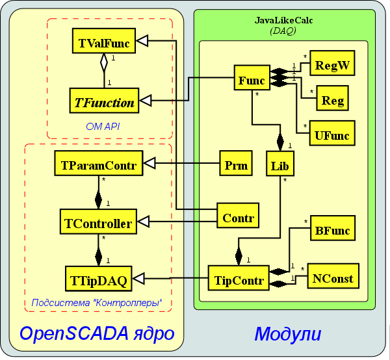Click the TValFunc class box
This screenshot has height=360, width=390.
104,44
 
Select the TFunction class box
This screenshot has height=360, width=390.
104,101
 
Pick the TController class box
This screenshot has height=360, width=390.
98,224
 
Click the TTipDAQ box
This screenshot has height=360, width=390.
98,280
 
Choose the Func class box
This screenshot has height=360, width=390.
252,81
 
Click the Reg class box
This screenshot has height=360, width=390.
333,101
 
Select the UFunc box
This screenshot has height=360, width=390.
331,135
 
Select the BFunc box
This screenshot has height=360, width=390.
332,229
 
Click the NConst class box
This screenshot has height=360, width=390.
333,278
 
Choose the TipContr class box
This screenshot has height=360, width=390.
239,280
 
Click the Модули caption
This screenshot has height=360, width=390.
287,335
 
